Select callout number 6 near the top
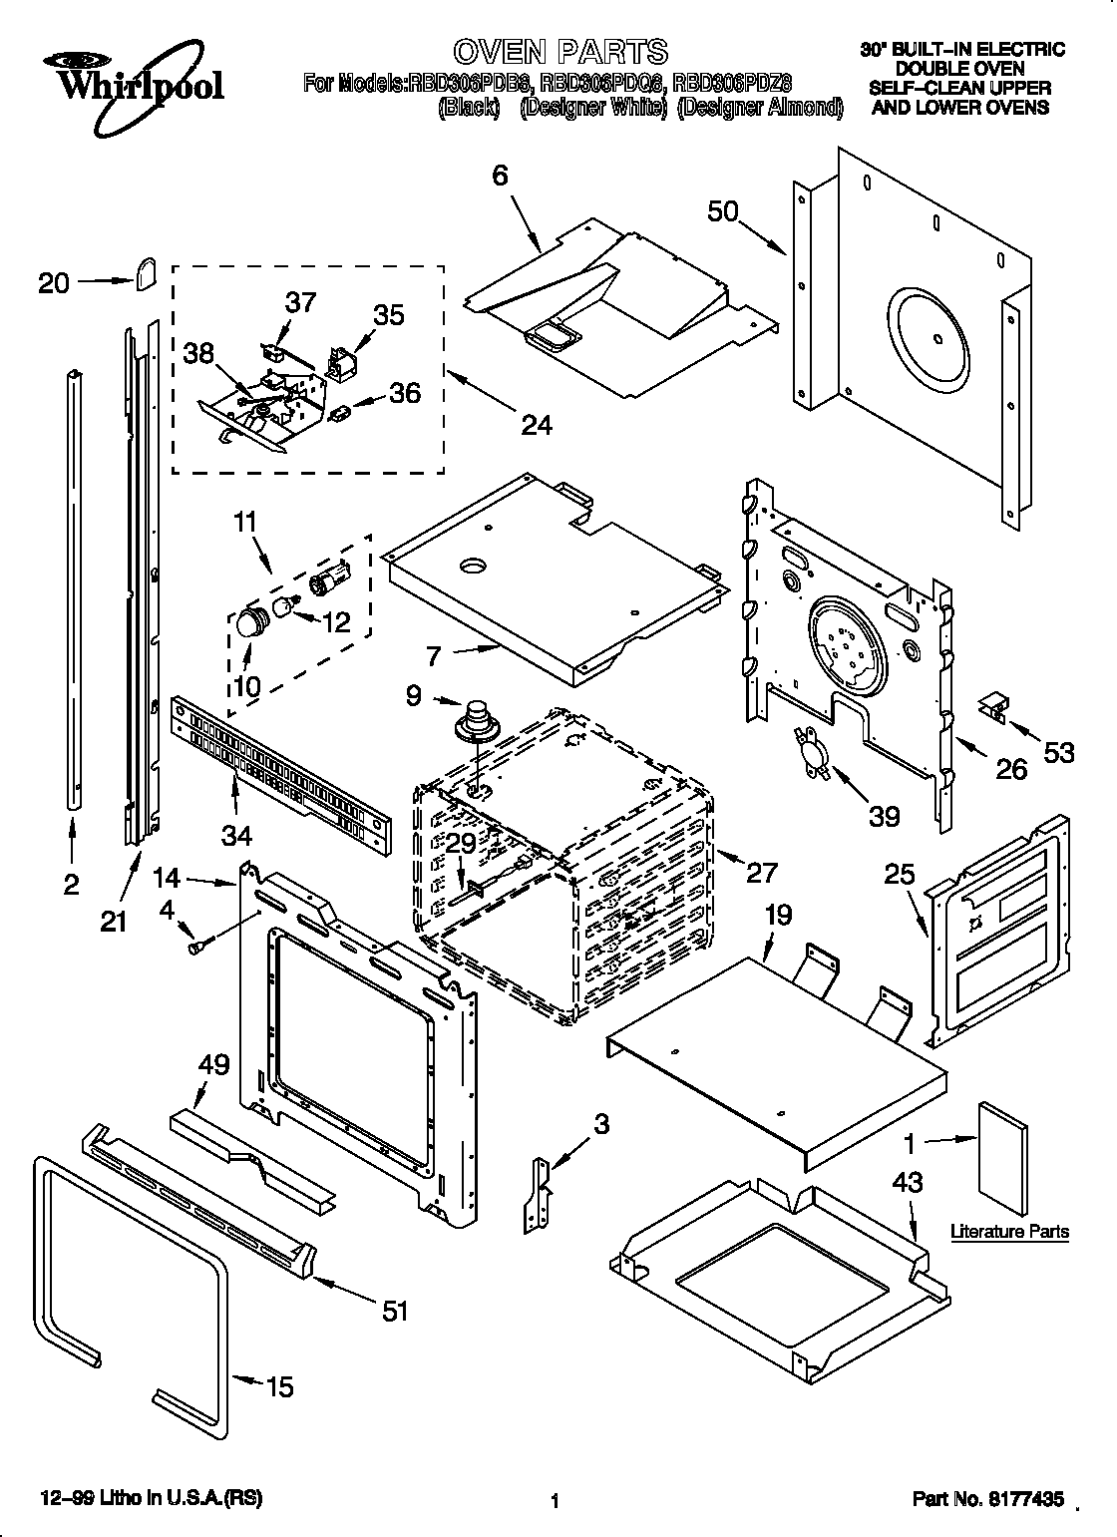point(500,176)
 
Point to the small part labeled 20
point(147,271)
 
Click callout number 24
point(536,424)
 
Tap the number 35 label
point(389,314)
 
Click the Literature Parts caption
point(1008,1232)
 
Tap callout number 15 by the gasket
point(280,1385)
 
